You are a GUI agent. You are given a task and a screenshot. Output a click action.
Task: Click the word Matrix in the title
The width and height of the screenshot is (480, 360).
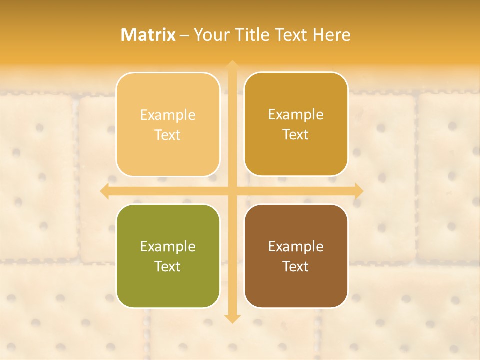(148, 35)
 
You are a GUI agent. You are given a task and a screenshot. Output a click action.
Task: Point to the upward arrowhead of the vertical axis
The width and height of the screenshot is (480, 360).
(232, 65)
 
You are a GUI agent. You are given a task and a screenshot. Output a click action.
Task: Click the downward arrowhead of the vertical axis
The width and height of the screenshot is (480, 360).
(232, 318)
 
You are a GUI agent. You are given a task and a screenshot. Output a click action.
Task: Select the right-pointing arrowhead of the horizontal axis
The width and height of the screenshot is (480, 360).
(358, 191)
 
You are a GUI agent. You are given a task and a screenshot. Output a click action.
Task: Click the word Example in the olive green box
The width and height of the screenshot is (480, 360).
(168, 246)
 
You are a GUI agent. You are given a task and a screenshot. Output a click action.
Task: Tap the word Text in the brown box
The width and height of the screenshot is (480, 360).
(296, 266)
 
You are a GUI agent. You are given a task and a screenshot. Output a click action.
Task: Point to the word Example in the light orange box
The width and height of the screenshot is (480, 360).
(168, 115)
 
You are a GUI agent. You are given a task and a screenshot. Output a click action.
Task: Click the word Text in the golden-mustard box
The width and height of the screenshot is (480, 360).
(296, 134)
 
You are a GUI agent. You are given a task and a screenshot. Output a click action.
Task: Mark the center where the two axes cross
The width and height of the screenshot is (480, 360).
(232, 191)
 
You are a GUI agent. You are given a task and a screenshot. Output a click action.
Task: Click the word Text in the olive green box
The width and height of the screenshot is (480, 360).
(168, 266)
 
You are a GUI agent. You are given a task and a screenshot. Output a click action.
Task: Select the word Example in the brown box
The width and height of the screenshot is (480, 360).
(296, 246)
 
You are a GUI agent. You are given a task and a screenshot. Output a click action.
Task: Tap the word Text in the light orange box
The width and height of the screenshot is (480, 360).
(168, 135)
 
